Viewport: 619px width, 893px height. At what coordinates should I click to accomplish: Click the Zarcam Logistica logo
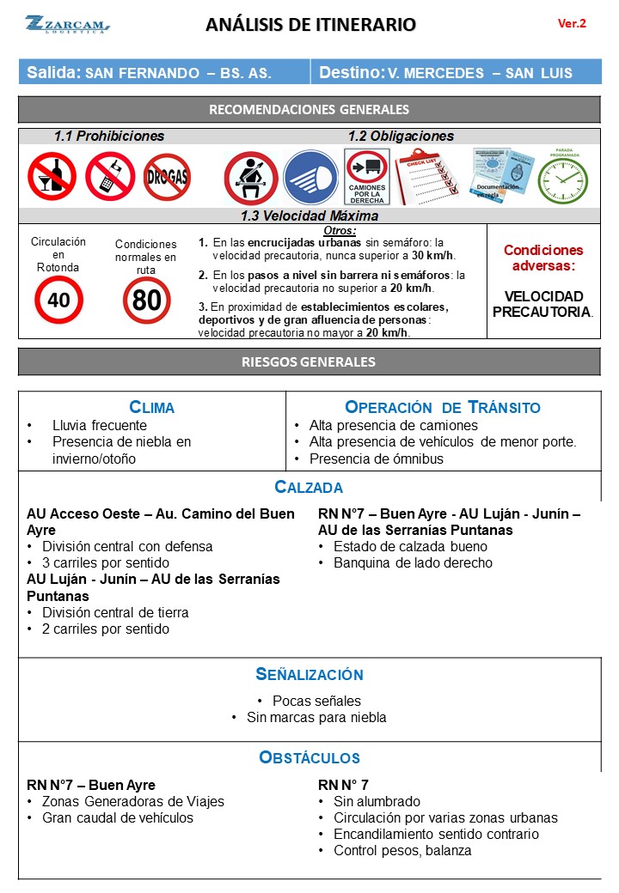pyautogui.click(x=67, y=24)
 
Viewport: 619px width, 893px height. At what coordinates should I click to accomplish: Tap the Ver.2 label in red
pyautogui.click(x=572, y=24)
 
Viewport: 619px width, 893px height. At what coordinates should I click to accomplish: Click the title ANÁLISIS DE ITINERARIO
pyautogui.click(x=310, y=25)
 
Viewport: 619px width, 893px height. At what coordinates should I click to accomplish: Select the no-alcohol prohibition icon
pyautogui.click(x=52, y=176)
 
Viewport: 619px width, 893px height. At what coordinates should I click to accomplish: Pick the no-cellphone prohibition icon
pyautogui.click(x=110, y=176)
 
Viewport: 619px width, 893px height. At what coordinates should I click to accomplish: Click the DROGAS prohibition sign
pyautogui.click(x=167, y=177)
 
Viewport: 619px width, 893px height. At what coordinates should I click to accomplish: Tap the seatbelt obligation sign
pyautogui.click(x=250, y=177)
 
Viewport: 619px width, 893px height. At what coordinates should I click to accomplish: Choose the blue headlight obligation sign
pyautogui.click(x=310, y=177)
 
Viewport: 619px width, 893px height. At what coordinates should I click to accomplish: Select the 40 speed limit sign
pyautogui.click(x=58, y=300)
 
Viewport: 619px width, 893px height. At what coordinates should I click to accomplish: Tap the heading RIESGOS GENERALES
pyautogui.click(x=309, y=361)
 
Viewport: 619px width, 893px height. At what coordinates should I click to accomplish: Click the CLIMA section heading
pyautogui.click(x=151, y=407)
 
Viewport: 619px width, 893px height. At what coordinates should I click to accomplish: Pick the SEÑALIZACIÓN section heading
pyautogui.click(x=309, y=675)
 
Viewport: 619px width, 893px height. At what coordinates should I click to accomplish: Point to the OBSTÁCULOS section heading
pyautogui.click(x=309, y=757)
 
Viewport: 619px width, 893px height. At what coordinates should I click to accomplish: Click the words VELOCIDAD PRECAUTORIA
pyautogui.click(x=542, y=303)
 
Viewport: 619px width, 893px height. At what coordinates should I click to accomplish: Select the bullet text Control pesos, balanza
pyautogui.click(x=402, y=851)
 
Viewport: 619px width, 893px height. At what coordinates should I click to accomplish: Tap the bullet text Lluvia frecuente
pyautogui.click(x=100, y=425)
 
